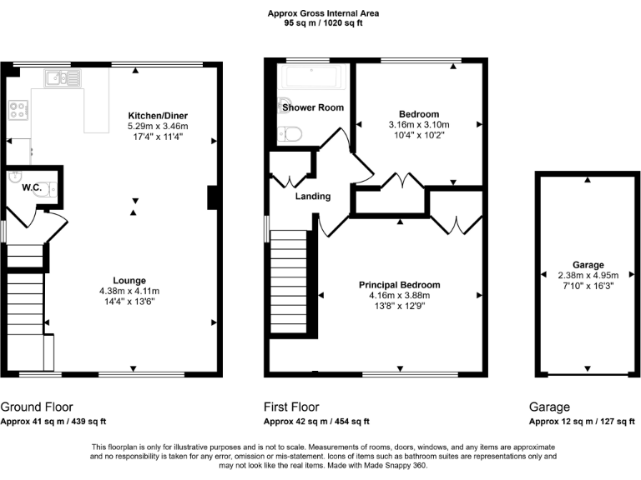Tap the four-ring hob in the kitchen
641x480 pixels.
tap(18, 110)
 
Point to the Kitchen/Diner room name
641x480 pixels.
tap(158, 115)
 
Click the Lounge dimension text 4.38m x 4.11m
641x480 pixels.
tap(129, 291)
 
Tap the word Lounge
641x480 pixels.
tap(129, 281)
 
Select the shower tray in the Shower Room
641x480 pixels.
tap(310, 80)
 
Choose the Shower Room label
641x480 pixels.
tap(312, 107)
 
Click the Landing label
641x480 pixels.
tap(313, 197)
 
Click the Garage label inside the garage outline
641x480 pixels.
tap(588, 265)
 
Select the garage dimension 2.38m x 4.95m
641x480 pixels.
tap(588, 275)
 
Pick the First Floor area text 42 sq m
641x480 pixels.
tap(317, 422)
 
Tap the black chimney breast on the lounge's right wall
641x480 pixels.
tap(212, 197)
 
